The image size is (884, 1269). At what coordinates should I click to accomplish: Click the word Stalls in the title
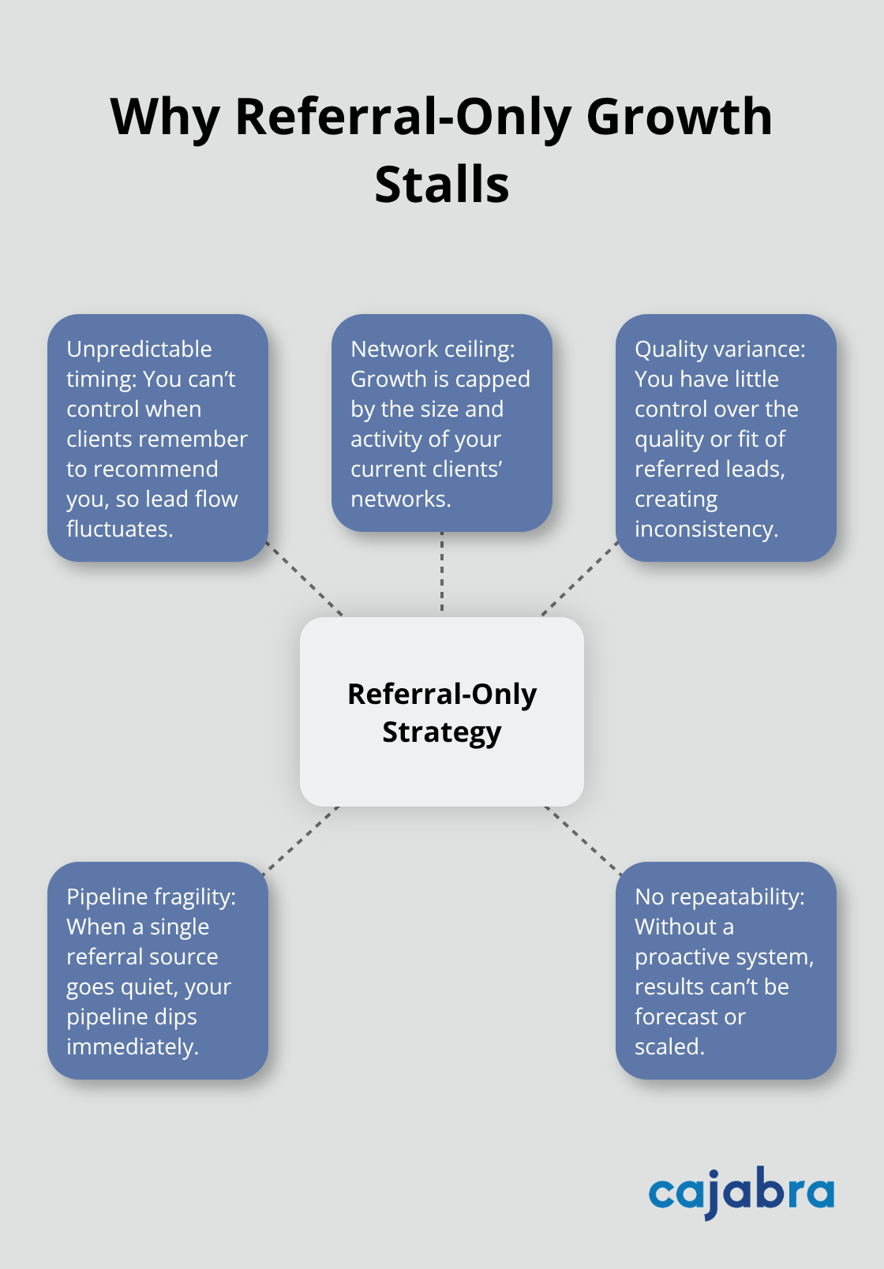coord(442,185)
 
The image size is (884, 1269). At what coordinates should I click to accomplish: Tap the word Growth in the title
coord(679,117)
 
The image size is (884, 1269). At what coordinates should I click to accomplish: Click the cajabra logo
coord(740,1192)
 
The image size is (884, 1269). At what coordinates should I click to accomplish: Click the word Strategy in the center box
coord(442,732)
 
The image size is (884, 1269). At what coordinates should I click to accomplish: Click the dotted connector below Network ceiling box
coord(442,573)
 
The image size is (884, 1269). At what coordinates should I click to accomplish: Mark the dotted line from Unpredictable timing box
coord(305,578)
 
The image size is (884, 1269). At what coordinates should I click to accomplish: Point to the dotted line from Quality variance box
coord(579,578)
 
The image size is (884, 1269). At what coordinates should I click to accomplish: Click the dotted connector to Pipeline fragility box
coord(302,840)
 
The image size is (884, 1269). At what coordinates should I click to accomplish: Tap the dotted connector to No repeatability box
coord(582,840)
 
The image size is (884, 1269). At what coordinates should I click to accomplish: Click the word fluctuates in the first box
coord(118,529)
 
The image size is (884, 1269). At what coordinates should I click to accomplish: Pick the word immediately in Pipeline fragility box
coord(131,1046)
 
